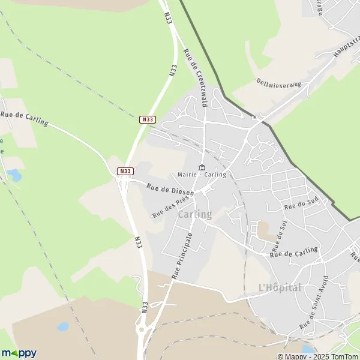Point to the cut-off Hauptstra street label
pos(346,55)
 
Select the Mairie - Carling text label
pos(202,175)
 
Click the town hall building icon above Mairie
pos(202,167)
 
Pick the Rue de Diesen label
pos(170,189)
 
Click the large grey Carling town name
pos(194,214)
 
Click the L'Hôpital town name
pos(280,287)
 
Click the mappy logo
pos(19,353)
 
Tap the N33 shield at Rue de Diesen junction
pos(124,171)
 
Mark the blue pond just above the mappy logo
pos(62,328)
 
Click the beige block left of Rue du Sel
pos(263,229)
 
